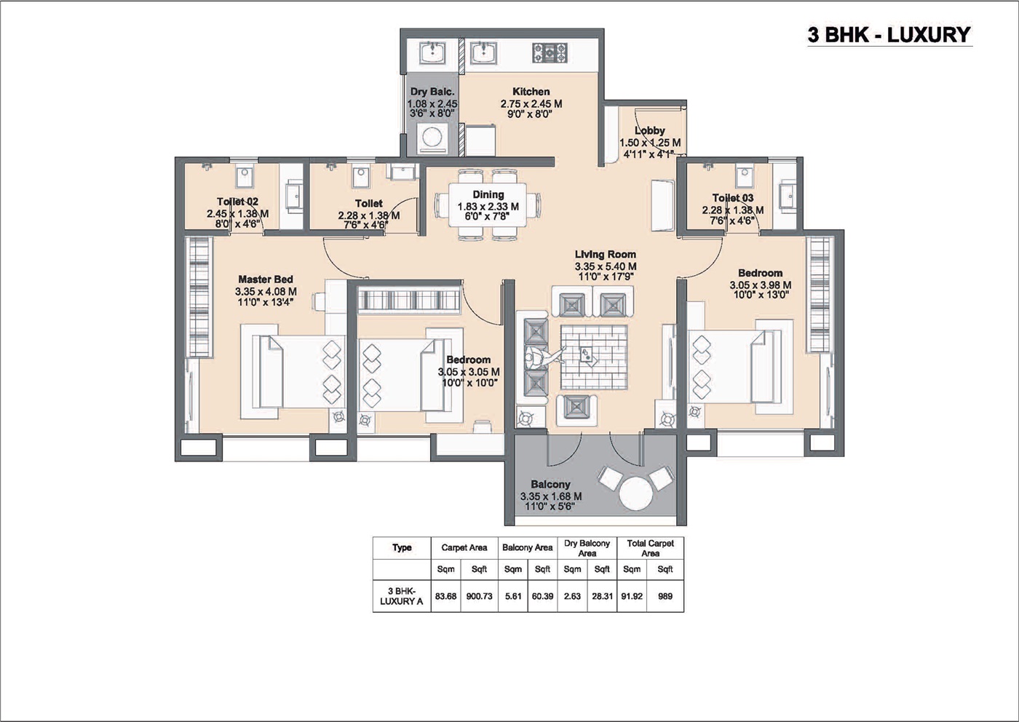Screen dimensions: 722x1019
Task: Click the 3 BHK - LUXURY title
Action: [889, 35]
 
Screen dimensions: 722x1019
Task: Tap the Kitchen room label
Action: [531, 92]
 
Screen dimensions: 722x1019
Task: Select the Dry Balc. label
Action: [432, 92]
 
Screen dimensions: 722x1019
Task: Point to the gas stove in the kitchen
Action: [550, 52]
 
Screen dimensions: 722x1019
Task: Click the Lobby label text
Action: [649, 131]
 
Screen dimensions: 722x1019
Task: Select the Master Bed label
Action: [266, 279]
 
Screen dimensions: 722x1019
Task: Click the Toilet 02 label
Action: [237, 202]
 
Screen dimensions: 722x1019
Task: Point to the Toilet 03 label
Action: [732, 198]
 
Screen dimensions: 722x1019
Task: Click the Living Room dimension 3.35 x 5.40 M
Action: [605, 266]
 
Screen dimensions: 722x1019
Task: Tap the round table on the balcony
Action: [635, 493]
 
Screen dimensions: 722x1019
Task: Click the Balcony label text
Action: [550, 485]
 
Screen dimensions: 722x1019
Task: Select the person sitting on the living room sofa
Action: [537, 359]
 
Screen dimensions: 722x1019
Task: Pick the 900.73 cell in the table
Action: [479, 596]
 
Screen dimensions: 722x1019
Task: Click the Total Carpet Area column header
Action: [650, 548]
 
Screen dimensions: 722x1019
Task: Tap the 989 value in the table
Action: [665, 596]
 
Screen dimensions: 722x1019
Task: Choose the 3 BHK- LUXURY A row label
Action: [401, 596]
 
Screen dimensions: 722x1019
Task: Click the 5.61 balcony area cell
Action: [513, 596]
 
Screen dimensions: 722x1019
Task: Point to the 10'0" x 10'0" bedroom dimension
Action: [469, 381]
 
